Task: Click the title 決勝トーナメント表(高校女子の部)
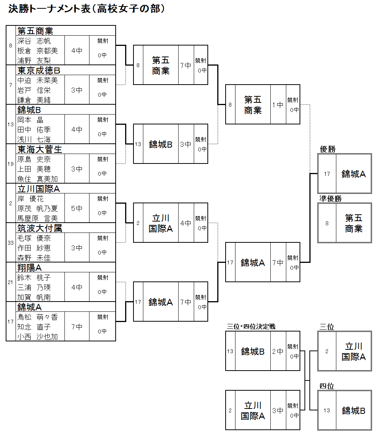point(87,9)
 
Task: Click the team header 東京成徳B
point(39,71)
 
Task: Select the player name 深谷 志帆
point(34,41)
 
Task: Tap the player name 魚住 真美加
point(38,179)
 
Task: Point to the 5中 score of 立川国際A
point(77,208)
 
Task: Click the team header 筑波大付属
point(39,228)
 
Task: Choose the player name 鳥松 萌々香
point(38,317)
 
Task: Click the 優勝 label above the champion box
point(328,149)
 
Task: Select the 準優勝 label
point(330,198)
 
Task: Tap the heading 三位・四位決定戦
point(251,326)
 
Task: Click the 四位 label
point(326,386)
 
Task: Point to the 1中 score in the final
point(278,105)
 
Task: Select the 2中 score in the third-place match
point(278,351)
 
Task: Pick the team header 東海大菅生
point(39,149)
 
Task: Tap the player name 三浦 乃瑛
point(34,288)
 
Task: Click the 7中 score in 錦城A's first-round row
point(77,327)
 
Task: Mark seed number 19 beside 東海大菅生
point(11,164)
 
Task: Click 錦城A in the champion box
point(353,174)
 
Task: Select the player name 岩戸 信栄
point(34,90)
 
